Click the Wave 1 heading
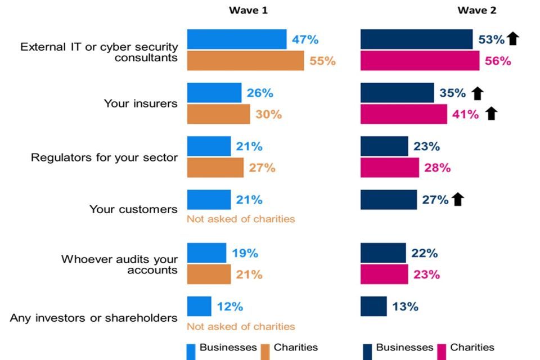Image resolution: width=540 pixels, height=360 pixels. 248,10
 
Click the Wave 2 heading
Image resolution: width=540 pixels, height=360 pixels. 476,10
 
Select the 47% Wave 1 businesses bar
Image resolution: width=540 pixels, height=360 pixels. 236,39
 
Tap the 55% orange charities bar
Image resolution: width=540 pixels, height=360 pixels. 245,61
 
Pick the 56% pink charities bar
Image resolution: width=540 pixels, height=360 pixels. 420,61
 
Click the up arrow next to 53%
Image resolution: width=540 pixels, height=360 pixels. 512,39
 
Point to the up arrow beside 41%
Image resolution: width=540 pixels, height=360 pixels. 491,114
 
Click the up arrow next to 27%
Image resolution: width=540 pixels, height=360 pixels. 457,199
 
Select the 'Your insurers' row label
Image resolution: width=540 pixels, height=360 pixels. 141,103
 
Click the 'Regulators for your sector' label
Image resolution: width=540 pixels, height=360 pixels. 104,157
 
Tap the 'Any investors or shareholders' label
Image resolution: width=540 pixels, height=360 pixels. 94,318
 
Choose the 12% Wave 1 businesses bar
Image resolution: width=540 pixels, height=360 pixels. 199,307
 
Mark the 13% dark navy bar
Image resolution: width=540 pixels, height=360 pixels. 373,307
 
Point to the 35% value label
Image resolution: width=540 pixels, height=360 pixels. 452,93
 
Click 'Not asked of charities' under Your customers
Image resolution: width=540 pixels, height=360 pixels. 241,219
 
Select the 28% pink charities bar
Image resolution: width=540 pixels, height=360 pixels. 389,168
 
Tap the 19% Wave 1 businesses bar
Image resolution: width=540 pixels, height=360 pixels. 206,253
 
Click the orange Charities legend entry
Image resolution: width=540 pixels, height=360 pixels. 289,348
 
